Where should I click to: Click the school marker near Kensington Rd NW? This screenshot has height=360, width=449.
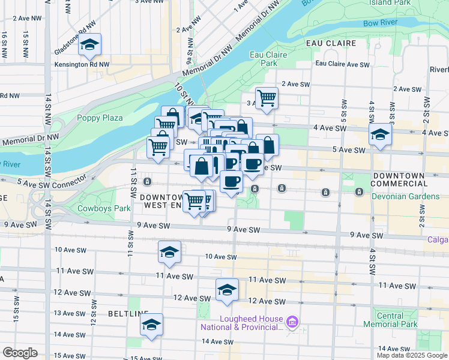point(89,45)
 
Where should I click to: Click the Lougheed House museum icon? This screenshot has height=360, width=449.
point(292,323)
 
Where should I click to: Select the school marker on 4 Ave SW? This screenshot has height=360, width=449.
point(380,135)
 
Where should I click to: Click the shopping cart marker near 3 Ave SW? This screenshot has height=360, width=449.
point(266,98)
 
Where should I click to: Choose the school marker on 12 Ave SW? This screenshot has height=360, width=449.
point(227,290)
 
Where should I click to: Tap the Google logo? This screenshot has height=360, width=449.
point(20,353)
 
